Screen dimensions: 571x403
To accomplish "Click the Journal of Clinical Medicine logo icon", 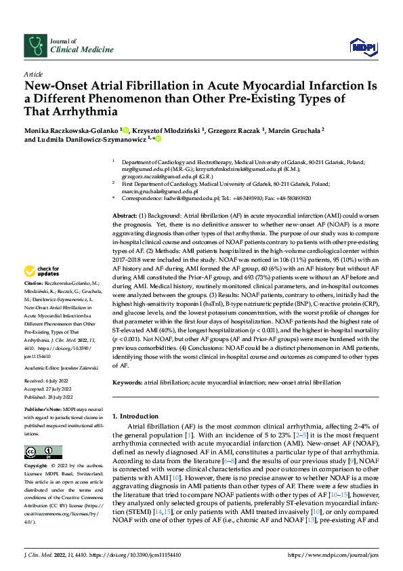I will (x=34, y=45).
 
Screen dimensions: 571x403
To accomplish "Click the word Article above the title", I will (x=33, y=74).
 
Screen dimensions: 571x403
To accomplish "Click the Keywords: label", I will (x=127, y=383).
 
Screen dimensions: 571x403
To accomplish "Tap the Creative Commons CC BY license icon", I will (x=39, y=453).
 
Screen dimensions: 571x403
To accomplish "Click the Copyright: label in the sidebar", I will (x=36, y=467).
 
